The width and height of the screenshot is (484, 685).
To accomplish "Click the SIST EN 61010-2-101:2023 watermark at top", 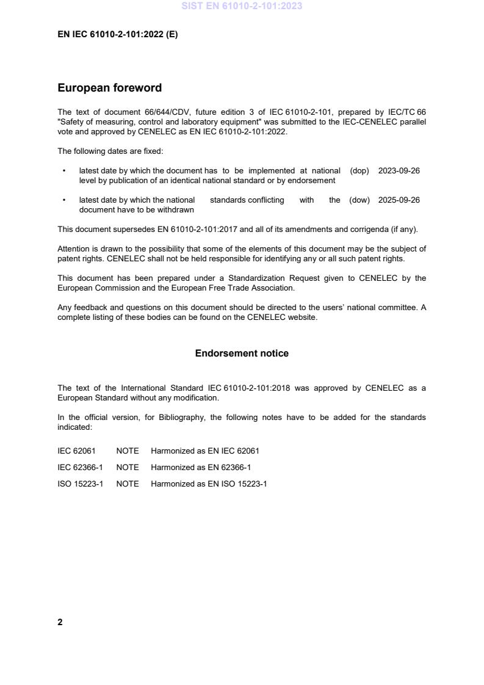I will pos(242,6).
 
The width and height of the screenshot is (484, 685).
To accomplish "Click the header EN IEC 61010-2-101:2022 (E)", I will pos(117,35).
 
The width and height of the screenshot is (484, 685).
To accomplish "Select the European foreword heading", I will pos(109,88).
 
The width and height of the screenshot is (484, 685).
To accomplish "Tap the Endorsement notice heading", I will pos(242,353).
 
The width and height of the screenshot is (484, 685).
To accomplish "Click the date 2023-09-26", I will pos(399,171).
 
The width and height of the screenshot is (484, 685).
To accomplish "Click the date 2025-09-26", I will pos(399,200).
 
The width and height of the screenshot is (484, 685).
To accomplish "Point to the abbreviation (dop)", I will pos(359,171).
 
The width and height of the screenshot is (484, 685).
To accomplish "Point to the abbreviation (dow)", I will pos(359,200).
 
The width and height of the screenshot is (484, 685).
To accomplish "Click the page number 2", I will pos(60,622).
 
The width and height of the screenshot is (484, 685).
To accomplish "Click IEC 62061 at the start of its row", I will pos(76,451).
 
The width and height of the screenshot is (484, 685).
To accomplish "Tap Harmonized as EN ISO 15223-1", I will pos(209,484).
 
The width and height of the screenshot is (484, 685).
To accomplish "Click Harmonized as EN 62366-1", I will pos(201,468).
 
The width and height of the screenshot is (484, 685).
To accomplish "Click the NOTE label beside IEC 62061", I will pos(128,451).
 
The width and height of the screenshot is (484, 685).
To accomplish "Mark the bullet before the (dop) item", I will pos(64,171).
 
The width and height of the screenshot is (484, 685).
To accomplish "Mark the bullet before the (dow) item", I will pos(64,200).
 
